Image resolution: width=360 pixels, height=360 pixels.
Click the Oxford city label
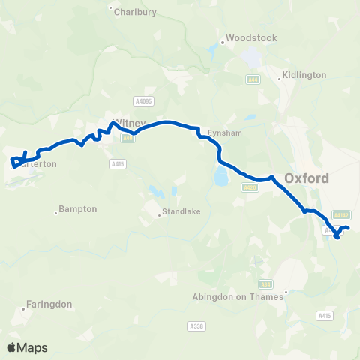tap(307, 178)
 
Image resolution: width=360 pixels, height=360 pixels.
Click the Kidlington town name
tap(304, 75)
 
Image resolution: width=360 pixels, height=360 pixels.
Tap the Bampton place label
tap(79, 209)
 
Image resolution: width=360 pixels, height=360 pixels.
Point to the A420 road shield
tap(250, 187)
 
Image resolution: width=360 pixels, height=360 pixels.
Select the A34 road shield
tap(265, 284)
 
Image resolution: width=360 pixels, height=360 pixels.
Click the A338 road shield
tap(196, 325)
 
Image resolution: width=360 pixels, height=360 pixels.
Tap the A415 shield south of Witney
tap(116, 163)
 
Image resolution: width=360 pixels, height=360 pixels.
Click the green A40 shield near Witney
tap(127, 137)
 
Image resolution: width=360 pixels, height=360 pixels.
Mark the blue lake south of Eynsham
tap(220, 176)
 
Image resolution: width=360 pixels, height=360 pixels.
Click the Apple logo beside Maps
tap(11, 347)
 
